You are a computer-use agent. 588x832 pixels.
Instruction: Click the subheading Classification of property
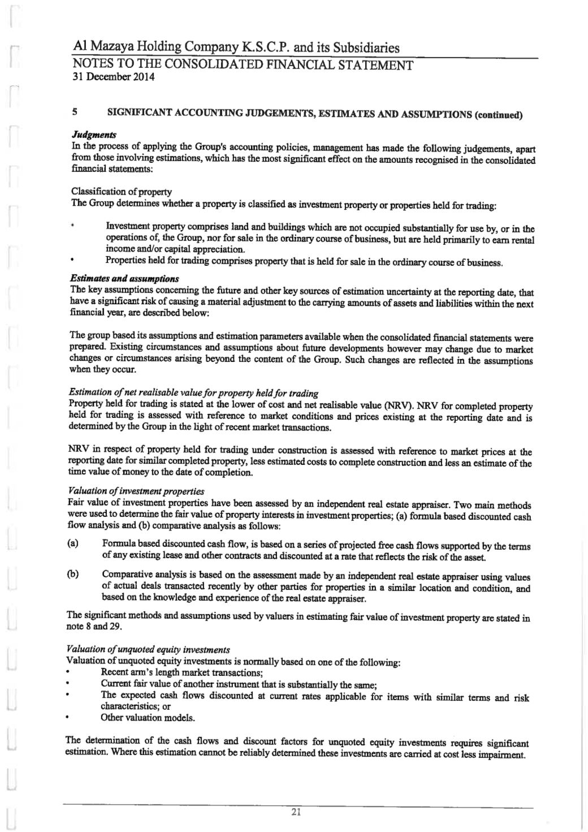tap(122, 192)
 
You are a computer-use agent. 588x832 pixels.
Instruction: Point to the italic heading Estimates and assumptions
tap(124, 278)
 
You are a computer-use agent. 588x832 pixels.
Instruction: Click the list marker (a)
tap(72, 544)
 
